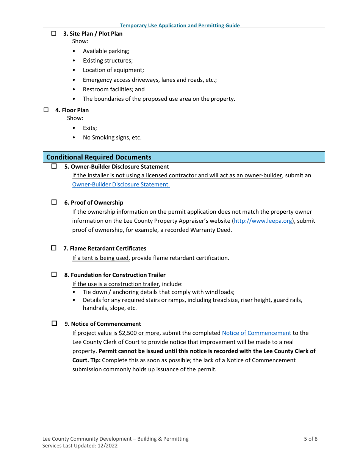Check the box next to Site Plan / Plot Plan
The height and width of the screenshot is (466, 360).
pos(54,33)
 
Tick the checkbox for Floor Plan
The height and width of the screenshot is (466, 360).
pos(46,110)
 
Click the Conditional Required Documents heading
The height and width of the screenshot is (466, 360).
pos(99,157)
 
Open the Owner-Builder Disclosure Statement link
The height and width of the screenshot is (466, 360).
pos(121,185)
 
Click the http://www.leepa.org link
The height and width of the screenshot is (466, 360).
pos(263,221)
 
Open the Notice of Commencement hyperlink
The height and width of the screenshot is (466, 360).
pos(257,333)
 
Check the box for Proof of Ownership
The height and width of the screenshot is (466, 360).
pos(54,202)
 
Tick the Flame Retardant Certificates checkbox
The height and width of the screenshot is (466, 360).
pos(54,248)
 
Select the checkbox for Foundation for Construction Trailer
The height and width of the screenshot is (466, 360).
pos(54,275)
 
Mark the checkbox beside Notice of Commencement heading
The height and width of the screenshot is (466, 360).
pos(54,324)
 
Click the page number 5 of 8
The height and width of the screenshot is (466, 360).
pos(310,439)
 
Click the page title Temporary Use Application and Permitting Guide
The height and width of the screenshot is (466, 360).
pos(180,25)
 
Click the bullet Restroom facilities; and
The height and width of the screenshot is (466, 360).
pos(114,89)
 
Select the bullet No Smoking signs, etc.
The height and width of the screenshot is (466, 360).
pos(112,138)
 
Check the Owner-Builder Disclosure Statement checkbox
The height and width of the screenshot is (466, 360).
pos(54,166)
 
